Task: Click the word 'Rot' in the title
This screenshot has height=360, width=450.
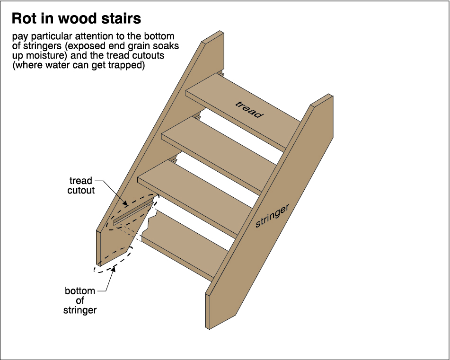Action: click(25, 18)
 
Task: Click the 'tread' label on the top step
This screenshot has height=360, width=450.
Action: click(249, 109)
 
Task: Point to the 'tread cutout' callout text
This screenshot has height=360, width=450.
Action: click(81, 185)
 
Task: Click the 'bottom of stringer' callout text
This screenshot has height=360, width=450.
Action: click(80, 300)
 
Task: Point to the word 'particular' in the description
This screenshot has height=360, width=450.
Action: click(53, 37)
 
